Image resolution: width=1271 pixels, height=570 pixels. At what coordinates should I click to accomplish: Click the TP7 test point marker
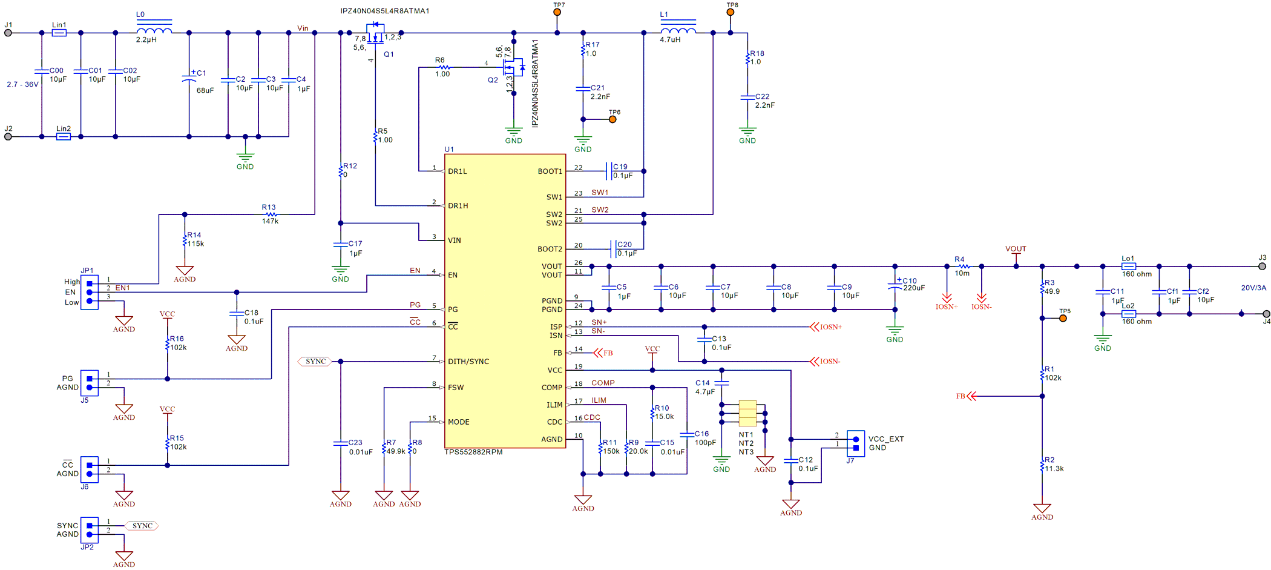(x=557, y=12)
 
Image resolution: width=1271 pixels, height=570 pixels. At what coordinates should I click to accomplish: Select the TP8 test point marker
(x=731, y=12)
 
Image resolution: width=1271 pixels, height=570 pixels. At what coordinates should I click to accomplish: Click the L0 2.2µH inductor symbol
(x=154, y=30)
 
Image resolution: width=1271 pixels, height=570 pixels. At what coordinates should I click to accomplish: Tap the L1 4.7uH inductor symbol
(x=678, y=30)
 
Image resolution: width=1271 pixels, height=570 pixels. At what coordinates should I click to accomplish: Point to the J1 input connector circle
(x=8, y=33)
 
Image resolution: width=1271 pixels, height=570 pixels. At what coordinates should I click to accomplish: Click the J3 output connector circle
(x=1262, y=266)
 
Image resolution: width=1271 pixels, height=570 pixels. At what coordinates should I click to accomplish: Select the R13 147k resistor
(x=271, y=214)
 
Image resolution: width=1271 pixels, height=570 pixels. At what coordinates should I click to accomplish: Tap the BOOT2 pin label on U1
(x=550, y=249)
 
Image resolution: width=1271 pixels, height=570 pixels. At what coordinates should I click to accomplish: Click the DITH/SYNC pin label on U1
(x=468, y=362)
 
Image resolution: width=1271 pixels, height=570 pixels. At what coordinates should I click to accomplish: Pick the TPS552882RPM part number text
(x=473, y=452)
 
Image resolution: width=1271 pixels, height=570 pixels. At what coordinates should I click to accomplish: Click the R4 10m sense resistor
(x=964, y=266)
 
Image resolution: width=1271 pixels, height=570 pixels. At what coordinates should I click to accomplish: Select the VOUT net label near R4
(x=1016, y=249)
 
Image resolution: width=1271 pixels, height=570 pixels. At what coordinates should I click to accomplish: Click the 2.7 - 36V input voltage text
(x=22, y=85)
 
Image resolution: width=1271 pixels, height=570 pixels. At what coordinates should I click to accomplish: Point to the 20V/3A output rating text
(x=1253, y=288)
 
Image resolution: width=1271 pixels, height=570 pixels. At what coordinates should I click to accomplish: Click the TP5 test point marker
(x=1063, y=318)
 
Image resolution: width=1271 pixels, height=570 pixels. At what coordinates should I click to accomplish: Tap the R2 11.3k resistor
(x=1042, y=465)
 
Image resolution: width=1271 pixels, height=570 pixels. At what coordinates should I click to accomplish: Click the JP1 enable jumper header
(x=90, y=293)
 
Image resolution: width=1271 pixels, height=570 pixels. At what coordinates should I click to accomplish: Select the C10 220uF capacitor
(x=895, y=286)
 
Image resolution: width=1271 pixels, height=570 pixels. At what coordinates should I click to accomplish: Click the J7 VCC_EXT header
(x=856, y=443)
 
